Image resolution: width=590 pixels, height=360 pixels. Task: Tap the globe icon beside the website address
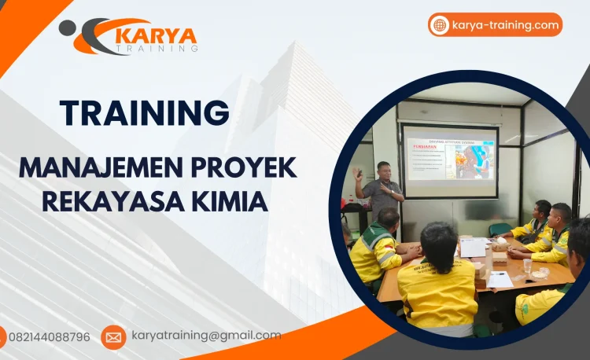pos(440,25)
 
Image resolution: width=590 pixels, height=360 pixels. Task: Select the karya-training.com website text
pos(506,25)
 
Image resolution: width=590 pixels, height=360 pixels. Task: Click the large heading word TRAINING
pos(146,113)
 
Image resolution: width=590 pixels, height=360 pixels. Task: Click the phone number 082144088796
pos(49,337)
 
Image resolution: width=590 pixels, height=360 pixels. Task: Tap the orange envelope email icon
pos(113,337)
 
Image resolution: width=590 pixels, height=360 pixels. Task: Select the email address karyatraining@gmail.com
pos(206,336)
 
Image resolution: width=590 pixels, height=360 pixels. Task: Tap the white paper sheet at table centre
pos(473,248)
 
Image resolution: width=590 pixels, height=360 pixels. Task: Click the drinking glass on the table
pos(528,265)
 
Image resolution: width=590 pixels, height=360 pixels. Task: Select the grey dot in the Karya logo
pos(68,28)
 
